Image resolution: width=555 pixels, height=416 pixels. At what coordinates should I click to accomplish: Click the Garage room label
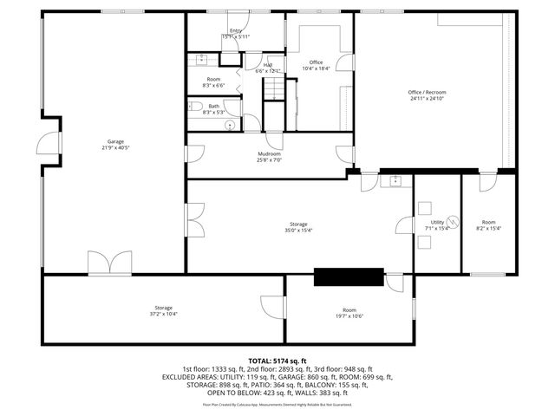click(x=114, y=141)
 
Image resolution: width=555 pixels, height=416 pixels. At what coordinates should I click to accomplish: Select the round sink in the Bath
click(x=231, y=125)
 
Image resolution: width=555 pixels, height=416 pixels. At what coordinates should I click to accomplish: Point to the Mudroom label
click(x=268, y=153)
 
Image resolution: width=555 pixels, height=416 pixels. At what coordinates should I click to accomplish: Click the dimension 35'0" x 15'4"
click(x=300, y=230)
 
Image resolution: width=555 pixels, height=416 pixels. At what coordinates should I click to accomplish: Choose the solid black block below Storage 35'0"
click(x=348, y=276)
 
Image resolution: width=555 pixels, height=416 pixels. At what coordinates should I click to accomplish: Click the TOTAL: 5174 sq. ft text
click(x=277, y=361)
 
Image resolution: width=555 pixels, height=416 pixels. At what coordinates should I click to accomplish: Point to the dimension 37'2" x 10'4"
click(x=164, y=315)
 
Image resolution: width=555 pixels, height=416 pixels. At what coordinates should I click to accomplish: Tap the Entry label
click(x=236, y=30)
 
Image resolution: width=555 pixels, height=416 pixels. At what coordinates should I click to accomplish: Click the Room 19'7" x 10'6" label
click(x=349, y=309)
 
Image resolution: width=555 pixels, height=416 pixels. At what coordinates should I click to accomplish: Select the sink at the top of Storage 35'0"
click(x=395, y=181)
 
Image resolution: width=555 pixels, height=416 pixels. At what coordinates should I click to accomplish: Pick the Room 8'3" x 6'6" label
click(x=212, y=79)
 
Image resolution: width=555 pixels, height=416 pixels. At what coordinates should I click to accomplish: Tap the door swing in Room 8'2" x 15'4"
click(x=487, y=182)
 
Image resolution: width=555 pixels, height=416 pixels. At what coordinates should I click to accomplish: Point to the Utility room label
click(x=437, y=222)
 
